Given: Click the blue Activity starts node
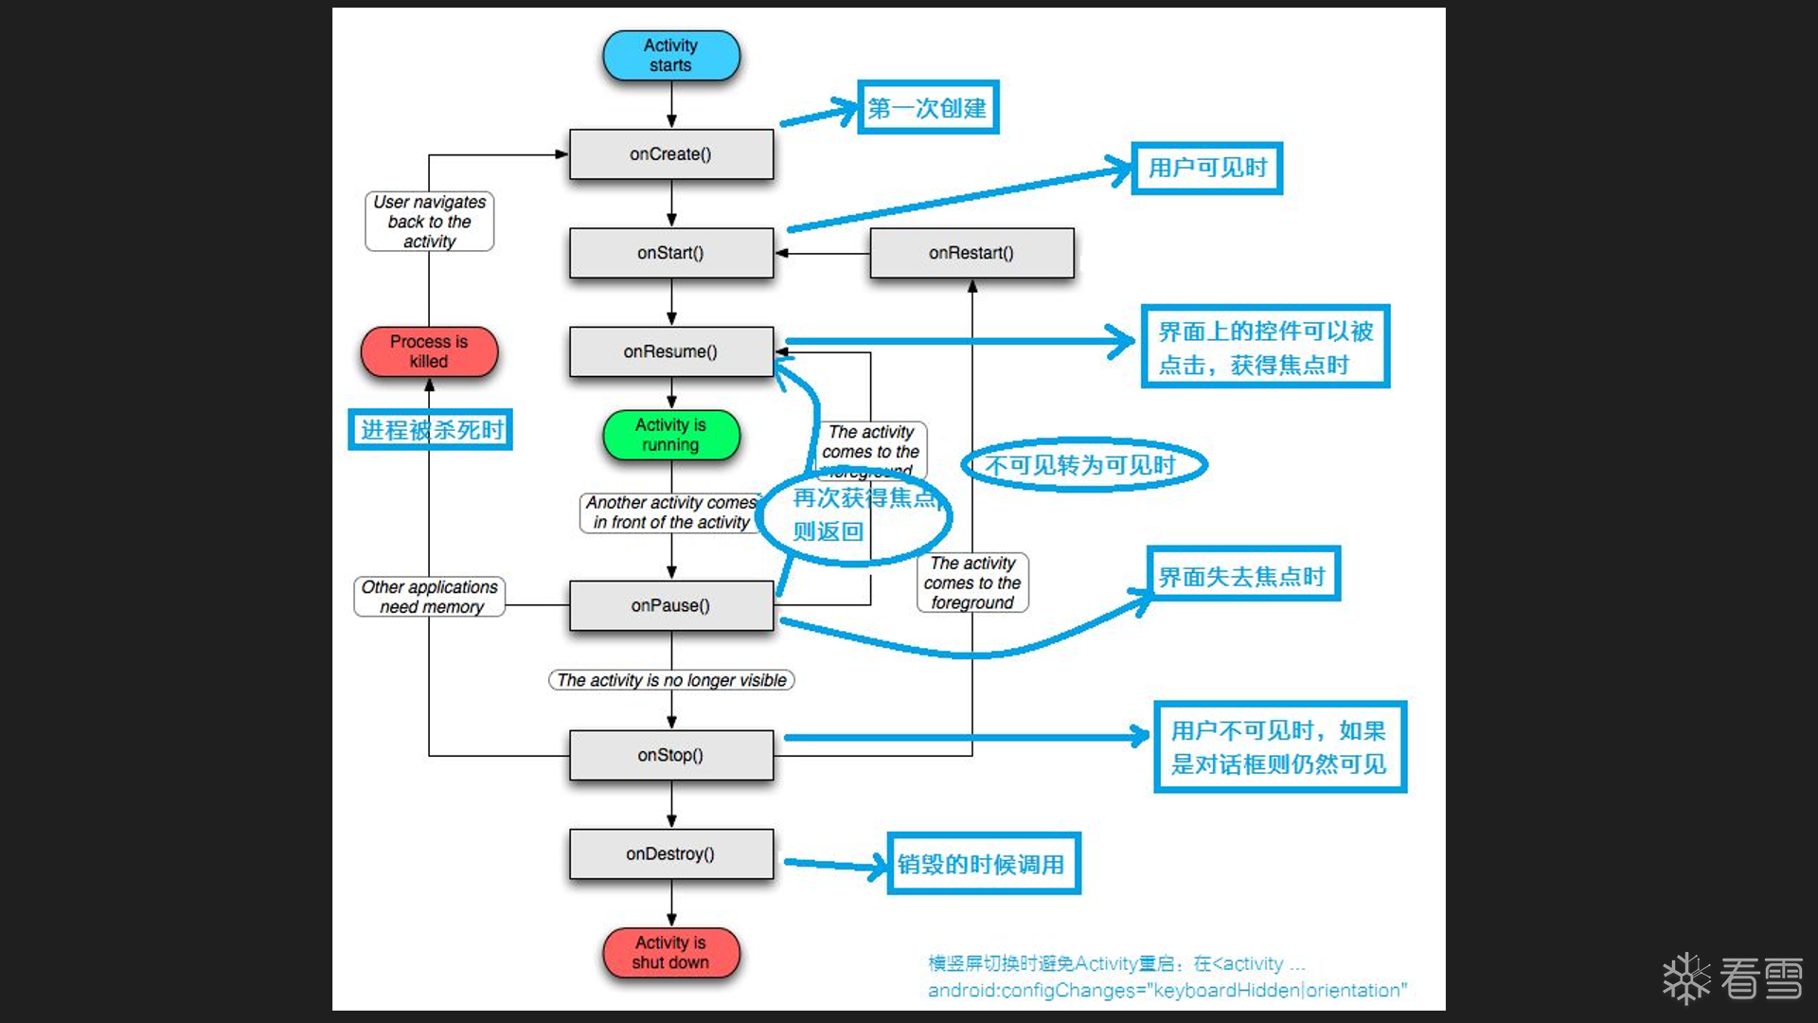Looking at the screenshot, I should [x=670, y=55].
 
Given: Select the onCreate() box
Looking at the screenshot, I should [x=670, y=154].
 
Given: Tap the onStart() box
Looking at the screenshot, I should [x=670, y=253].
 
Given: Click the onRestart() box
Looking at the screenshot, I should [x=971, y=253].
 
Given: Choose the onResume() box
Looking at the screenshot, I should [x=670, y=351].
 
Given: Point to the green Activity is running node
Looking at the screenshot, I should [x=670, y=435].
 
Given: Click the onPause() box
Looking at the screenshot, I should [x=670, y=605].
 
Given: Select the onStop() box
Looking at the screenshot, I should [x=670, y=755].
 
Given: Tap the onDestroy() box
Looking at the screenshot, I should [x=670, y=853].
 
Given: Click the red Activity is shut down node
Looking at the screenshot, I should [x=670, y=952].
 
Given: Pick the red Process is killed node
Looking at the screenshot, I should [x=429, y=351].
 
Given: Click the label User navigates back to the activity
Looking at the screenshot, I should [x=429, y=222].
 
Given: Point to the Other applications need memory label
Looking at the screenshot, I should [x=429, y=597].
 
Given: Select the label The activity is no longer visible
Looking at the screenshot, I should [x=670, y=680].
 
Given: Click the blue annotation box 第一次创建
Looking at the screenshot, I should [x=928, y=108].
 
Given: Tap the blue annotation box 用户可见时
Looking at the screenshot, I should [x=1207, y=169].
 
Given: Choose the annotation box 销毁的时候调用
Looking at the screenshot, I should [x=984, y=864].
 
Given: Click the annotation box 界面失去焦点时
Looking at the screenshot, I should [x=1243, y=574].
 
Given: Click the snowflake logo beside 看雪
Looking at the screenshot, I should [x=1686, y=978].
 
